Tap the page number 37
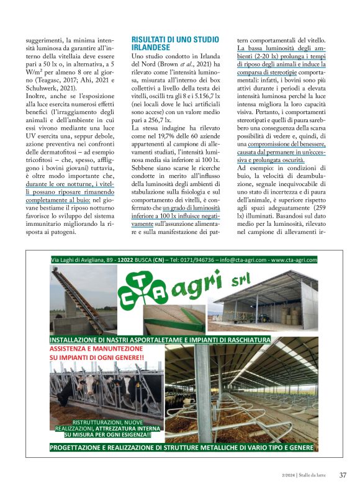click(x=343, y=475)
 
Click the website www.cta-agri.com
click(x=294, y=261)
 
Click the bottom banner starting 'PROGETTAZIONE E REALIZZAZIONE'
click(x=181, y=447)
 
